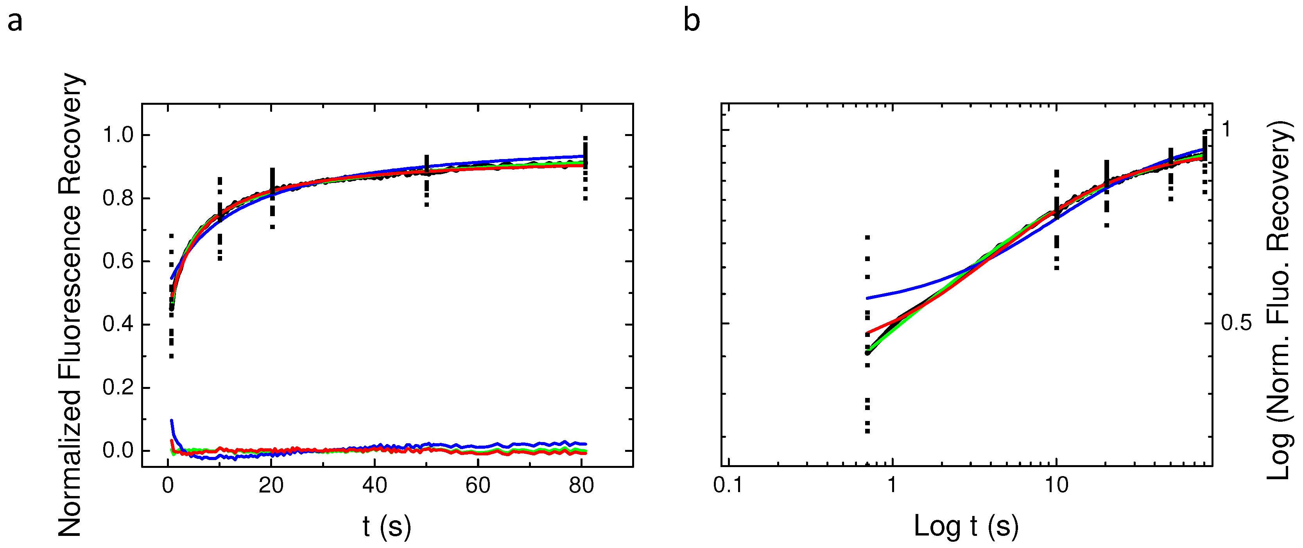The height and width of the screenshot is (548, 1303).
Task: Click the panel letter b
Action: [x=692, y=21]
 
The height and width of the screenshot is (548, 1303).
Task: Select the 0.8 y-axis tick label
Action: [x=118, y=199]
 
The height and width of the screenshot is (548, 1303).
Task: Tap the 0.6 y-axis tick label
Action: [x=118, y=262]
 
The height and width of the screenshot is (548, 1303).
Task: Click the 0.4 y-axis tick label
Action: [x=118, y=324]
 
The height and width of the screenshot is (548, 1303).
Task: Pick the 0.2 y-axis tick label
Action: [x=118, y=388]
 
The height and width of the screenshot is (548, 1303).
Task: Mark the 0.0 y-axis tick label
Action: [x=118, y=450]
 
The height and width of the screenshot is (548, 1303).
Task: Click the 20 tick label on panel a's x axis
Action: [x=271, y=486]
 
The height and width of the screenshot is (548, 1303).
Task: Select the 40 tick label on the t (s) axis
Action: [x=374, y=486]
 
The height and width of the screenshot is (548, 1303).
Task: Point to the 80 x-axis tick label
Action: [x=581, y=486]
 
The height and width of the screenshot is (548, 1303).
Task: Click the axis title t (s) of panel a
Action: [x=387, y=527]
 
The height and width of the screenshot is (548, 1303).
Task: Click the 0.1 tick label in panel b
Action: [x=728, y=486]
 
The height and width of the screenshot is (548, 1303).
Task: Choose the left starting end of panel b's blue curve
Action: [x=868, y=298]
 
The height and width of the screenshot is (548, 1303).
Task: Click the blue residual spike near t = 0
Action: [x=172, y=422]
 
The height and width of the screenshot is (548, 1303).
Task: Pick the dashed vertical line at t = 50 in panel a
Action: [x=427, y=181]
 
